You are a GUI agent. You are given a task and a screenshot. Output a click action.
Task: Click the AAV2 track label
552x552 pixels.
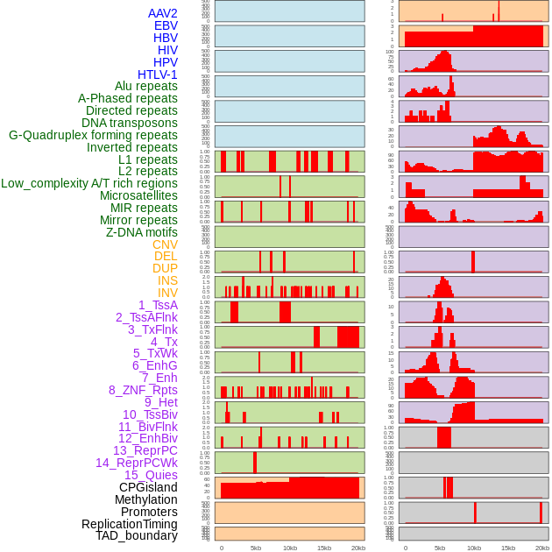tap(163, 13)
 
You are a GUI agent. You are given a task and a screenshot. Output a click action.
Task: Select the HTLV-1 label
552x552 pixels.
tap(157, 74)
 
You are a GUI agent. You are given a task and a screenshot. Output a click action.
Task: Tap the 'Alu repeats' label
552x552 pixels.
tap(146, 86)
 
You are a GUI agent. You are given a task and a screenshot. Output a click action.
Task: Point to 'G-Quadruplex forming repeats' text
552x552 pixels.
tap(93, 135)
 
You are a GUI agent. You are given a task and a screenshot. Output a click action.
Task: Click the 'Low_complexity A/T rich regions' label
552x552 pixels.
tap(89, 183)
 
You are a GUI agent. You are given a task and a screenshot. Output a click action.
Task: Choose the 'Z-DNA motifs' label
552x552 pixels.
tap(142, 232)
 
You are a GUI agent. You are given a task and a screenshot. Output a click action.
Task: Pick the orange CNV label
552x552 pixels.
tap(165, 244)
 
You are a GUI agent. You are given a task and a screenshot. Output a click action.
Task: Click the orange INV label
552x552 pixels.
tap(167, 293)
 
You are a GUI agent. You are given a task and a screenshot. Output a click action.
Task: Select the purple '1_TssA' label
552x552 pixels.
tap(158, 305)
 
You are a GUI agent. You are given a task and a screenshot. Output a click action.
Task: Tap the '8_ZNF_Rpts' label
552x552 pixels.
tap(143, 390)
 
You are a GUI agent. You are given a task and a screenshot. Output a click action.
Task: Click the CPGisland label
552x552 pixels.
tap(148, 487)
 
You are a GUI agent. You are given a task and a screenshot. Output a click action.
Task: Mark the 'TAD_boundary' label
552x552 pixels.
tap(137, 535)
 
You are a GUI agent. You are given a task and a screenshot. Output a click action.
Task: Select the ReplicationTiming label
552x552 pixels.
tap(130, 524)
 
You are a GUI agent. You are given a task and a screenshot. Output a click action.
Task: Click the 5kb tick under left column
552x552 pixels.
tap(256, 548)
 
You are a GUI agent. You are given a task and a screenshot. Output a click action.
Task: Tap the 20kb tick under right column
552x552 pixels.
tap(542, 548)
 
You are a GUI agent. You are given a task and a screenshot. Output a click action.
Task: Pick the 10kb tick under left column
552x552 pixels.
tap(290, 548)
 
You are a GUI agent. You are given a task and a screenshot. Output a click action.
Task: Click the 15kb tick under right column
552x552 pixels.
tap(508, 548)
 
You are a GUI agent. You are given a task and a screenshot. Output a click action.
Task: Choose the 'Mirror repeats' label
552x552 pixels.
tap(138, 220)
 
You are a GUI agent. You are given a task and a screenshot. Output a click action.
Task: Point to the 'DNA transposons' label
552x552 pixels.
tap(130, 123)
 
